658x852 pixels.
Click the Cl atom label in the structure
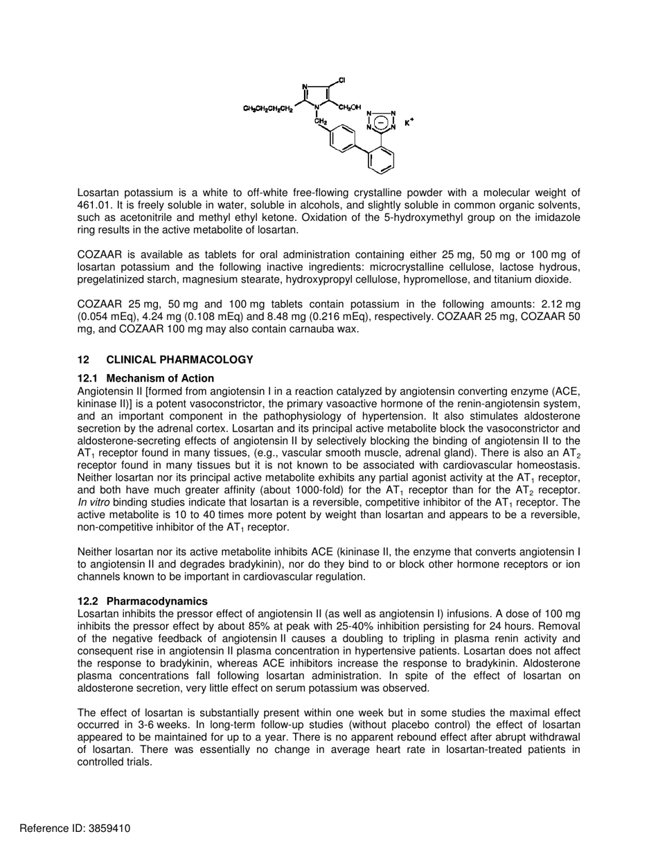point(342,80)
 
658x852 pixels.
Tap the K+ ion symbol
point(409,123)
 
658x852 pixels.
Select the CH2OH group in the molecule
point(350,107)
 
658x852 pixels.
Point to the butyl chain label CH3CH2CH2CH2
point(268,109)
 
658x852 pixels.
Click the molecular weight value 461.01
point(94,205)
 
